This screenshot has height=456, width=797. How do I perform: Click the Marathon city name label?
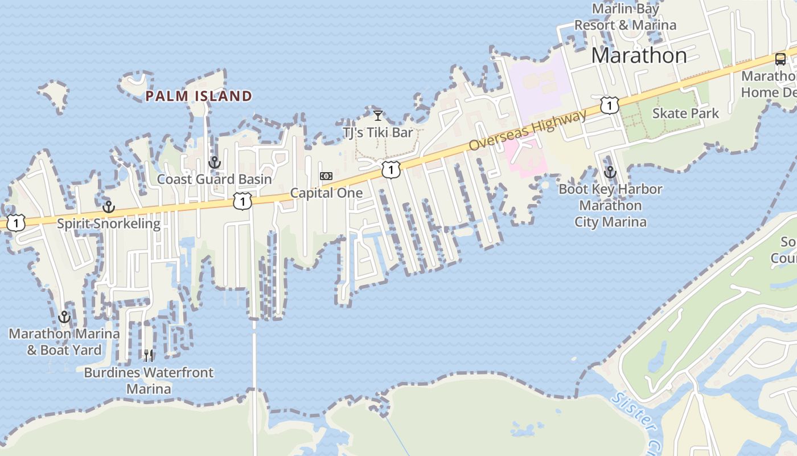pos(639,55)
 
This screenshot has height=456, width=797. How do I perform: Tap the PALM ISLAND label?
pos(199,96)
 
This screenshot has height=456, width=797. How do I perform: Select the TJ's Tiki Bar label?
pos(377,132)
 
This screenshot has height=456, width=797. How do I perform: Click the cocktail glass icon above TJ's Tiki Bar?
pos(377,116)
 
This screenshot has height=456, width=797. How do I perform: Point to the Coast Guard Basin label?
pos(214,179)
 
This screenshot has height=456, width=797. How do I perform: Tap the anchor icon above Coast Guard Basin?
pos(214,162)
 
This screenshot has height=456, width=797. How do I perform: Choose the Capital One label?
pos(326,193)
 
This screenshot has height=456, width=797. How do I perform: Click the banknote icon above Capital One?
pos(326,176)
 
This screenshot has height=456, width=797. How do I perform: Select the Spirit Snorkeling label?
pos(108,223)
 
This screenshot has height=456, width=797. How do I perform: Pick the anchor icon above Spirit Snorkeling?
pos(108,206)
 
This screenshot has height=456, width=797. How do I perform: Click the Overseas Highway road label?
pos(527,131)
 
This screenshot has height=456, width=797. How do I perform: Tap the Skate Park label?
pos(685,113)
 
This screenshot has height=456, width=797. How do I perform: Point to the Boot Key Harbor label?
pos(610,189)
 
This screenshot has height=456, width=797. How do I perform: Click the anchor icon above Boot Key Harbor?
pos(610,172)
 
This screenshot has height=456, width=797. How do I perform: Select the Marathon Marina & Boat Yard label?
pos(64,341)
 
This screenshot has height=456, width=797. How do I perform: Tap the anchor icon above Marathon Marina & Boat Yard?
pos(64,317)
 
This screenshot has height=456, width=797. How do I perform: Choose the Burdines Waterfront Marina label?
pos(149,380)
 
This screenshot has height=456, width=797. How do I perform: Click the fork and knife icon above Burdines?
pos(149,356)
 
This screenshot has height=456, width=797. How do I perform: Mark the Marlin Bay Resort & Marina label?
pos(625,17)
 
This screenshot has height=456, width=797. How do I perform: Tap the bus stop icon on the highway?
pos(780,59)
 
